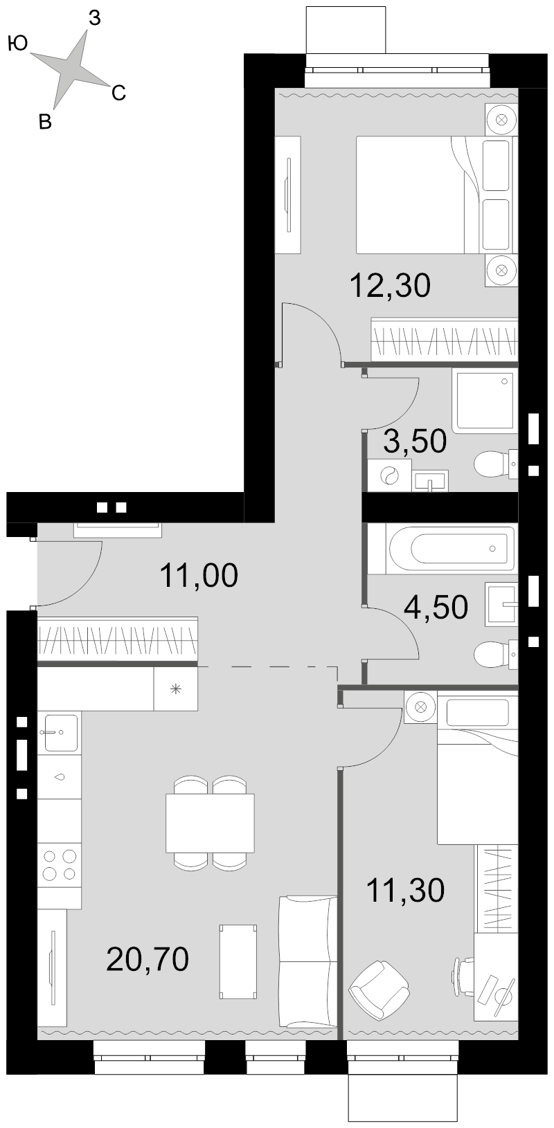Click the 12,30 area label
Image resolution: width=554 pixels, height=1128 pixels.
390,285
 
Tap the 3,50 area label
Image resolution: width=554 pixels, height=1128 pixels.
414,441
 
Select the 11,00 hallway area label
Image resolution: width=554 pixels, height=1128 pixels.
199,575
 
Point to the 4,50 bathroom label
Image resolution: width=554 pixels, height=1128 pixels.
436,607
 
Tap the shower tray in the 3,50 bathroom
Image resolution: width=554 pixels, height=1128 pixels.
485,401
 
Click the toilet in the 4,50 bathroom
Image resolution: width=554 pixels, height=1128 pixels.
496,654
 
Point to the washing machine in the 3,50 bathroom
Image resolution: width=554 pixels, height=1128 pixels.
389,475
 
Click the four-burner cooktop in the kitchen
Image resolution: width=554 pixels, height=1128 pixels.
60,864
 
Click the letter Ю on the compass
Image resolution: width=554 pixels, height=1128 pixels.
18,44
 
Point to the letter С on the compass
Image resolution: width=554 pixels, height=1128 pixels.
118,93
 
